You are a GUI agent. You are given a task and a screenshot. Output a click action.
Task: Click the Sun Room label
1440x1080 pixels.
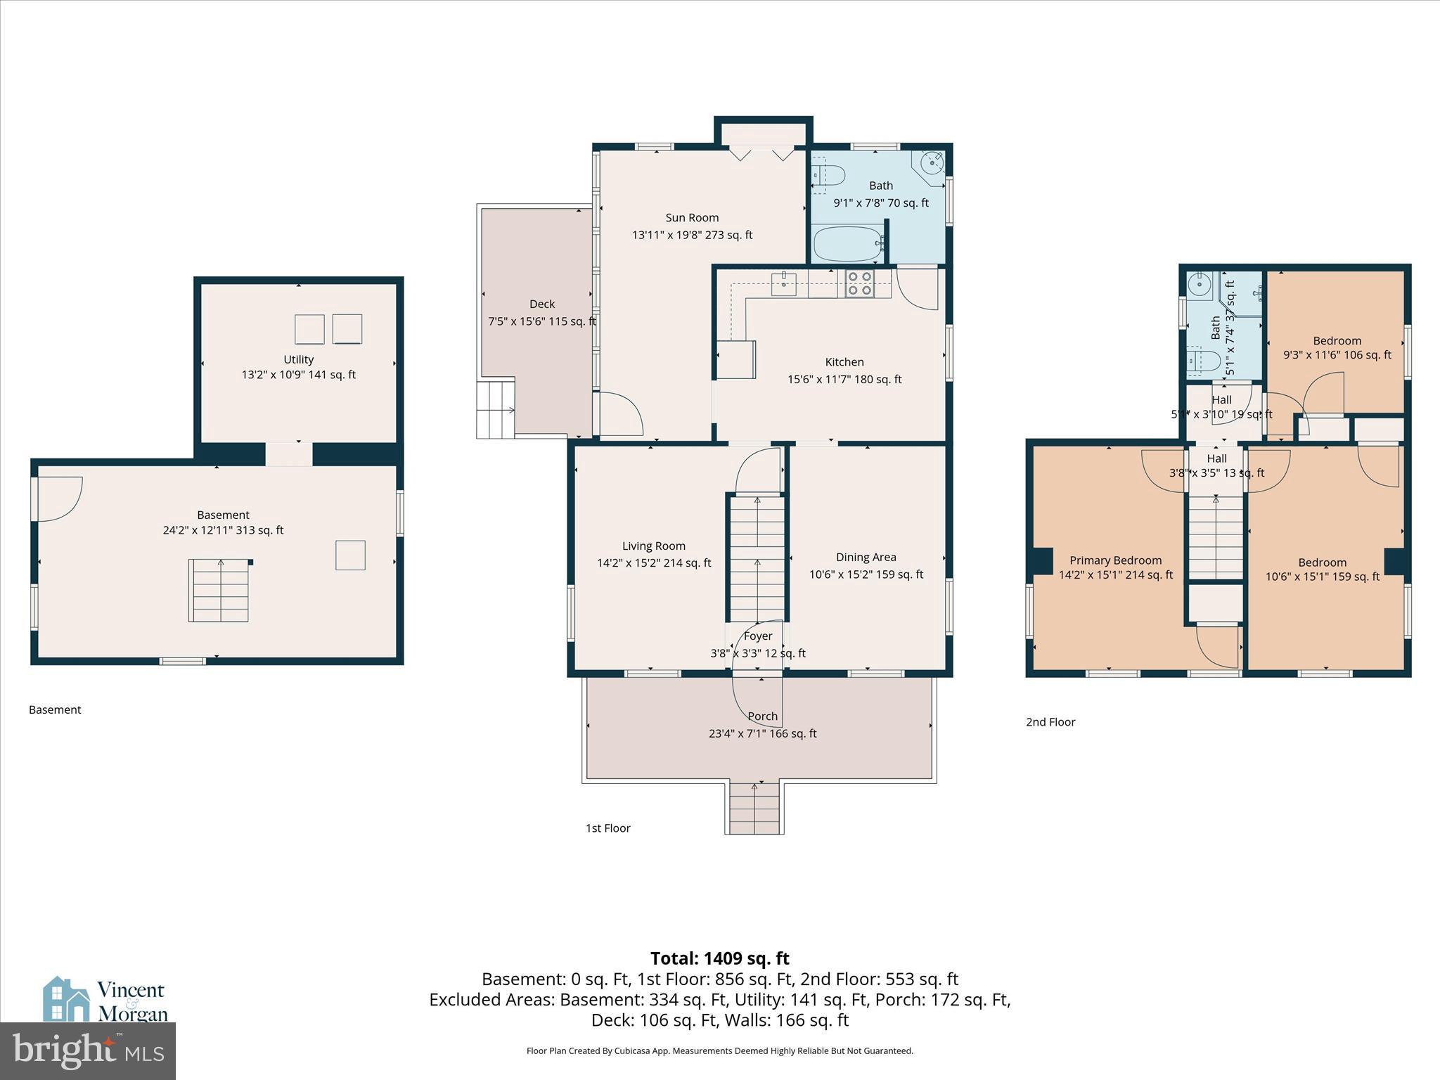[692, 218]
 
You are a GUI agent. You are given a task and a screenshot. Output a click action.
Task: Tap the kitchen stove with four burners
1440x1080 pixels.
[859, 283]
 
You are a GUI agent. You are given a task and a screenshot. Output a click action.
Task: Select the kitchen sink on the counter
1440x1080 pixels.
[783, 284]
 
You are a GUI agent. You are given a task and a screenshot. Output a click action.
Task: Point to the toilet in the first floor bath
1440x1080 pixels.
[828, 175]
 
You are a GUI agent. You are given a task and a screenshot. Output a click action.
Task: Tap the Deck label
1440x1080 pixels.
[542, 304]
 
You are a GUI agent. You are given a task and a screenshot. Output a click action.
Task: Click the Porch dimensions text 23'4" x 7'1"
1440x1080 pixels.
[762, 733]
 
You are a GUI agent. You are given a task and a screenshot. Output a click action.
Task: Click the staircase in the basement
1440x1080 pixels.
[219, 591]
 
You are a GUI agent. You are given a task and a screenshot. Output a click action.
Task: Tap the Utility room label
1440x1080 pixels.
[298, 359]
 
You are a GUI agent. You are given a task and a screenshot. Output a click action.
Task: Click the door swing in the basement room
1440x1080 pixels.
[59, 498]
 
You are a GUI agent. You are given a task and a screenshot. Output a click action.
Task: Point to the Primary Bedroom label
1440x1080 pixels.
[1115, 560]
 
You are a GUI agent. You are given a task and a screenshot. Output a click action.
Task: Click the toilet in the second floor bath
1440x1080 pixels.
[1204, 360]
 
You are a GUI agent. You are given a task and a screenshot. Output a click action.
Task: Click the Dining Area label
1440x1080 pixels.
[866, 557]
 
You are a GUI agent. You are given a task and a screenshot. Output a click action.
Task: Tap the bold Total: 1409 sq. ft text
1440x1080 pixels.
[719, 958]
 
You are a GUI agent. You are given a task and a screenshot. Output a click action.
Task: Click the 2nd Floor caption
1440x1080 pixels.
[1050, 721]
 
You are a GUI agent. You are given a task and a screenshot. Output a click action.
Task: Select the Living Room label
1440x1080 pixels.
[653, 546]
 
